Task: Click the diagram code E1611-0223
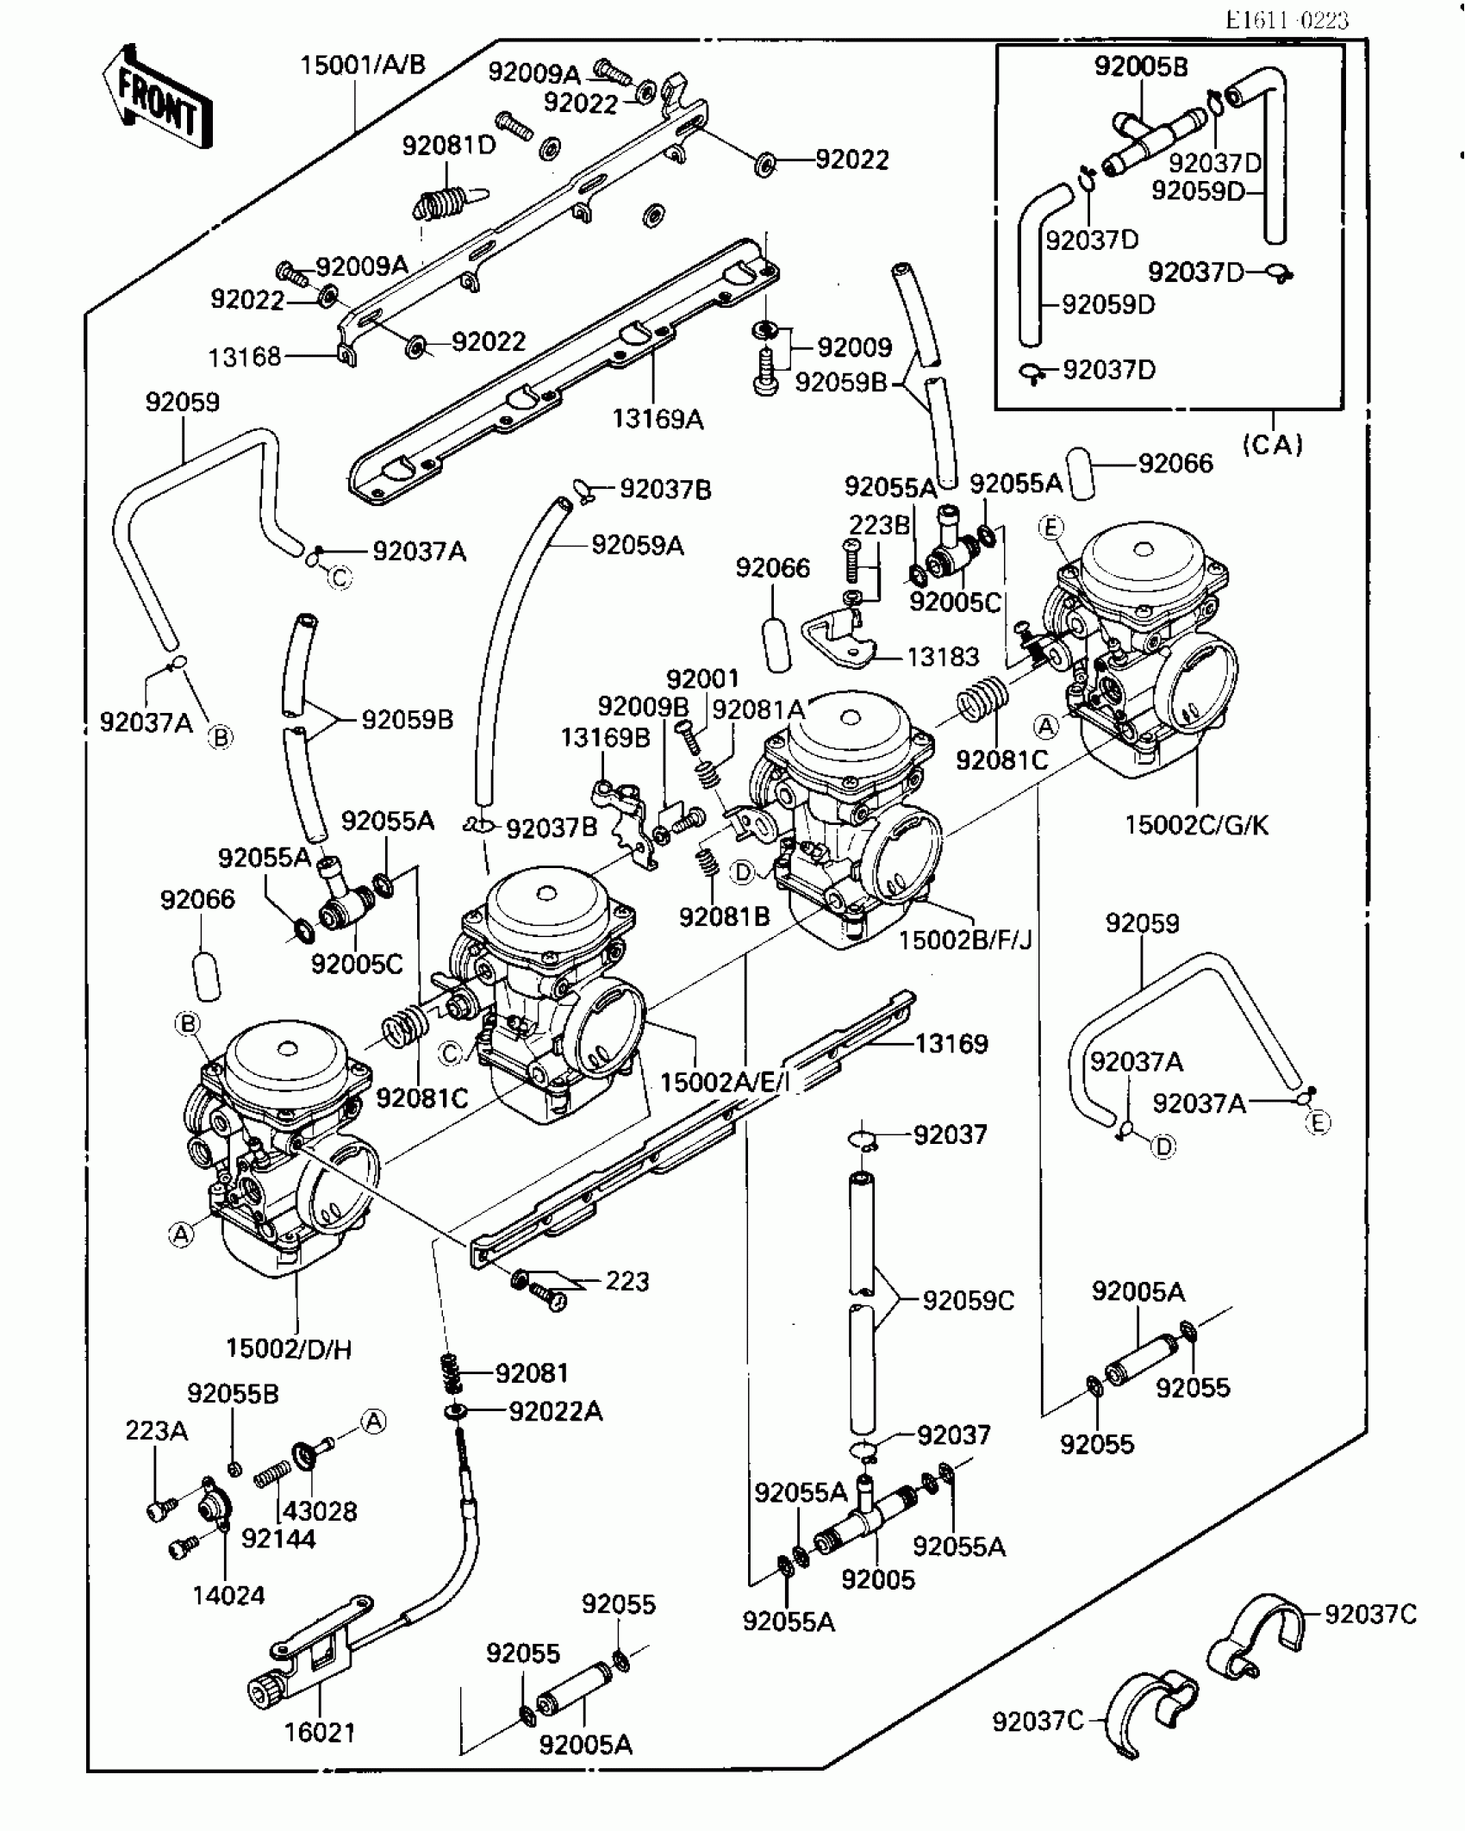click(1287, 20)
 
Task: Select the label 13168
click(245, 357)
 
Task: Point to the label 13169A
click(658, 419)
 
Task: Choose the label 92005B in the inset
click(1141, 66)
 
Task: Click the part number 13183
click(944, 657)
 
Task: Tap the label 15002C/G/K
click(1197, 825)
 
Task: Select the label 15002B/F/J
click(965, 939)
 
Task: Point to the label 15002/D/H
click(289, 1349)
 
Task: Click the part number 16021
click(320, 1732)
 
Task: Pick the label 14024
click(228, 1596)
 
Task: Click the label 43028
click(320, 1511)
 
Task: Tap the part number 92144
click(278, 1539)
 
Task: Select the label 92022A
click(556, 1411)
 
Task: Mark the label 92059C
click(969, 1301)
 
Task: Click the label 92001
click(702, 678)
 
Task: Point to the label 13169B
click(606, 738)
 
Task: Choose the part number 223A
click(156, 1431)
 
